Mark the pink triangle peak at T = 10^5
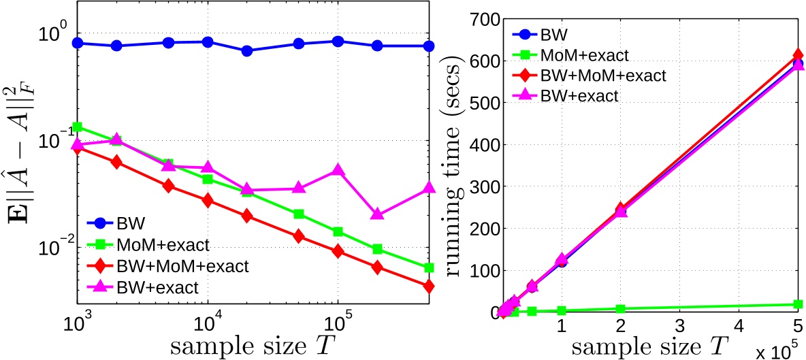[x=337, y=169]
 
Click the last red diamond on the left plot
[x=429, y=287]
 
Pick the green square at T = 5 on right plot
[x=798, y=304]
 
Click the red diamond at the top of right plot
[x=798, y=56]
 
